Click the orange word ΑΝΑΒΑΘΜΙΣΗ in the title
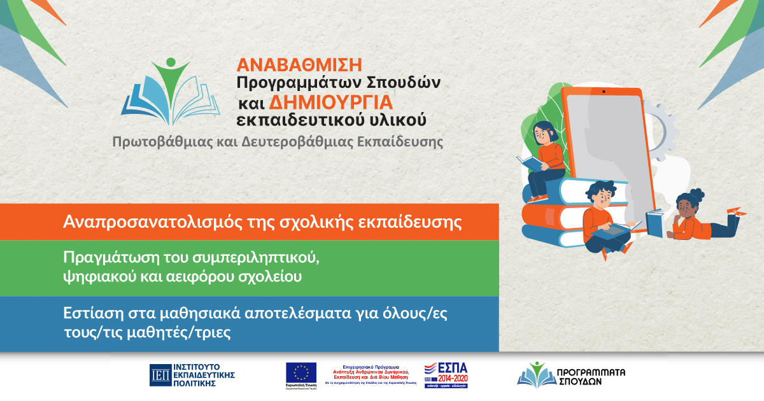(299, 64)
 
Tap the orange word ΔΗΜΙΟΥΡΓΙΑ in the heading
(330, 102)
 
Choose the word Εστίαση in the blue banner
(88, 314)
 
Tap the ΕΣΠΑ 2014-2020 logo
(446, 376)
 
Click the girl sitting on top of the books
(546, 156)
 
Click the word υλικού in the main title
(401, 120)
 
